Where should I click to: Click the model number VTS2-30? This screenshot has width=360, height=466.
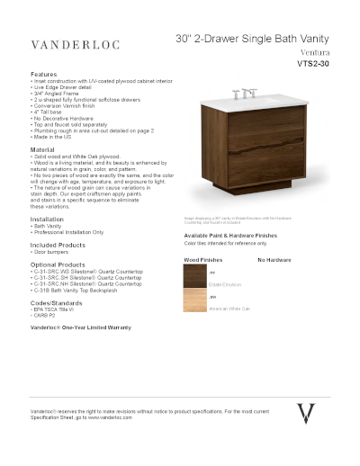(x=314, y=65)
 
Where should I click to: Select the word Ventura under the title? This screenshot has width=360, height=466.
(x=311, y=53)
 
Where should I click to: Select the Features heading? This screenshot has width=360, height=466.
(x=43, y=74)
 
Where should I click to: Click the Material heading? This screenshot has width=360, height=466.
(x=42, y=148)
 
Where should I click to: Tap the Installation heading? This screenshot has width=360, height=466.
(x=47, y=220)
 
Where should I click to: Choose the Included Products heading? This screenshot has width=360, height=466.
(x=58, y=245)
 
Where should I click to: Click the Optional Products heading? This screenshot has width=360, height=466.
(x=58, y=265)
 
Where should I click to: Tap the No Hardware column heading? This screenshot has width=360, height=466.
(x=273, y=259)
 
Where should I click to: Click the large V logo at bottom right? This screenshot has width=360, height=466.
(x=307, y=413)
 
